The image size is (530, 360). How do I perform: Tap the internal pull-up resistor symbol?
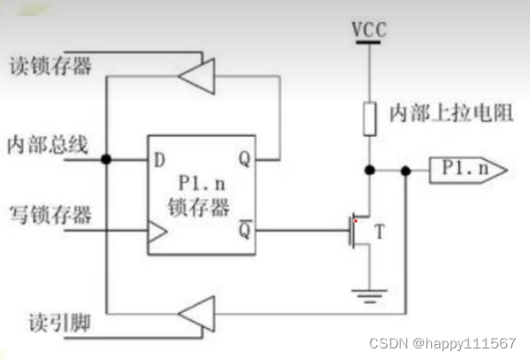pyautogui.click(x=368, y=117)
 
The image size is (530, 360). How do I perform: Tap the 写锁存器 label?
pyautogui.click(x=41, y=213)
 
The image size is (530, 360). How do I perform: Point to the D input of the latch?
pyautogui.click(x=160, y=160)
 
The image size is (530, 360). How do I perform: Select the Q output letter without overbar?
pyautogui.click(x=244, y=160)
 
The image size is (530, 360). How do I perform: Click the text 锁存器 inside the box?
pyautogui.click(x=200, y=210)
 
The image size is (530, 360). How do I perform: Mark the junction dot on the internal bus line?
pyautogui.click(x=106, y=160)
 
